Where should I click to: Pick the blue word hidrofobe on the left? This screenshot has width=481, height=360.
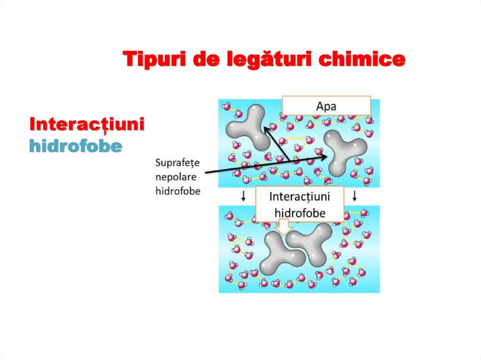(76, 146)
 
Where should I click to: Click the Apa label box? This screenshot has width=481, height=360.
(326, 106)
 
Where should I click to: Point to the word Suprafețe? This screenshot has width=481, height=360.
(178, 163)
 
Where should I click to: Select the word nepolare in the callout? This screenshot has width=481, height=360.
(176, 177)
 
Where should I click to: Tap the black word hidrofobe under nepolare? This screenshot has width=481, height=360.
(178, 191)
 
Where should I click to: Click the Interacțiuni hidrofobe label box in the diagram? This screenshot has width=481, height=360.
(299, 204)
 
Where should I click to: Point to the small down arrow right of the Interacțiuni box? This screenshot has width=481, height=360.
(355, 196)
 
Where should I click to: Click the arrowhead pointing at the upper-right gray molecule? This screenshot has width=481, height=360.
(324, 158)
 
